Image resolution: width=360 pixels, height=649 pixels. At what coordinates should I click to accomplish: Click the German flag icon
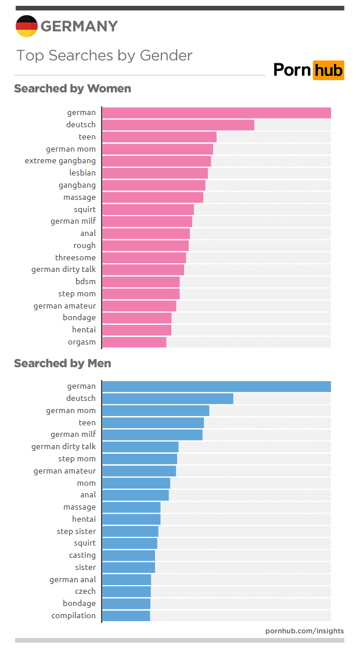26,26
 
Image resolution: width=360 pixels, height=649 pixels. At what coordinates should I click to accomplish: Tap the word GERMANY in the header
79,27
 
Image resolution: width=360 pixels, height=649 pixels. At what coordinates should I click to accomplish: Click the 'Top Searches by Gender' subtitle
105,56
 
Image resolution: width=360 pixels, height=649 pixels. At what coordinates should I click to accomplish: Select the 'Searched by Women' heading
73,89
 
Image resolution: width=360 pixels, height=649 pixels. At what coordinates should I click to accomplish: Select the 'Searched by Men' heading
63,364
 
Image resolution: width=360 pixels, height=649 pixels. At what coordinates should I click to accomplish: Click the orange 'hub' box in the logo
329,70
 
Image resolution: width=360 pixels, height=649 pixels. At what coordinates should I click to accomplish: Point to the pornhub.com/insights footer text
304,630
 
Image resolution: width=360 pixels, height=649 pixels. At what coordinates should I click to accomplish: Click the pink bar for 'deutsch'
178,125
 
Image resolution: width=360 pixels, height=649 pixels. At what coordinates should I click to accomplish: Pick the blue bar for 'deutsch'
167,399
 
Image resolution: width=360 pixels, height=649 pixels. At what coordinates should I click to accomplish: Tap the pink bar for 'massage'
153,198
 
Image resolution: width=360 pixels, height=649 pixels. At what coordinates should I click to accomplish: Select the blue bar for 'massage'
131,507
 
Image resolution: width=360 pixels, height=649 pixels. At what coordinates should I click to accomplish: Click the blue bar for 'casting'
128,555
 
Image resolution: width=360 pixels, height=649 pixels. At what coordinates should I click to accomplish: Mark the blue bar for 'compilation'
126,616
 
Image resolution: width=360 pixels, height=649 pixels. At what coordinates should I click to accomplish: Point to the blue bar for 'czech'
127,591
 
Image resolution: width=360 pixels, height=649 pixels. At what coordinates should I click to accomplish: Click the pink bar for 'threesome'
144,258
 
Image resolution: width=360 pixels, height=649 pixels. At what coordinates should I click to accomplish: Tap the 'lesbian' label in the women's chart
82,173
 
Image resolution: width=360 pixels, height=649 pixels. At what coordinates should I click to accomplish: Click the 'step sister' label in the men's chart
76,532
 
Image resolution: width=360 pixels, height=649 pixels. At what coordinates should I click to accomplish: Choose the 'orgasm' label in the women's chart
82,342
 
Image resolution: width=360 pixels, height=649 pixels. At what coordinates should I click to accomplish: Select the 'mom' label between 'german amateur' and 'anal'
87,483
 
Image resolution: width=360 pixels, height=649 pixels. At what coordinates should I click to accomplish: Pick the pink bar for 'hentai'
136,330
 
